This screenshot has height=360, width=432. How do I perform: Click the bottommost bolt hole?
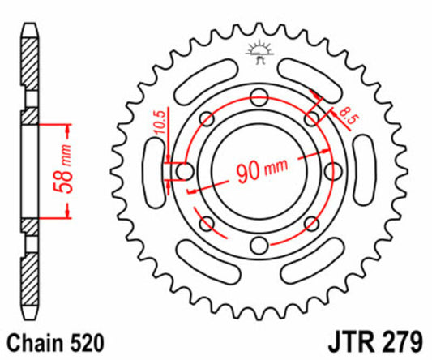(259, 246)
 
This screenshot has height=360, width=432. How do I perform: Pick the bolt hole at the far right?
(334, 171)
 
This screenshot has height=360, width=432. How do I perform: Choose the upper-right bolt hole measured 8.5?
(313, 118)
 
